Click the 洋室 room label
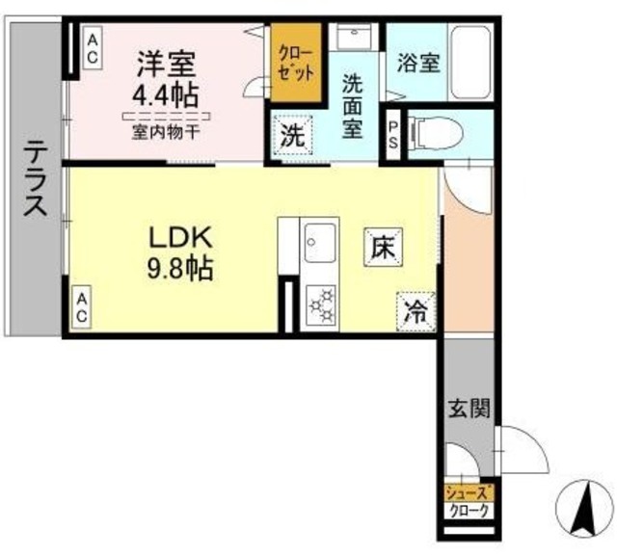166,66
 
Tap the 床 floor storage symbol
381,249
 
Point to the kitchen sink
320,241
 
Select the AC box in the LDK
83,308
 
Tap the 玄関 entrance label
469,407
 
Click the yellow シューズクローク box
468,500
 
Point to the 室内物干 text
166,132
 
